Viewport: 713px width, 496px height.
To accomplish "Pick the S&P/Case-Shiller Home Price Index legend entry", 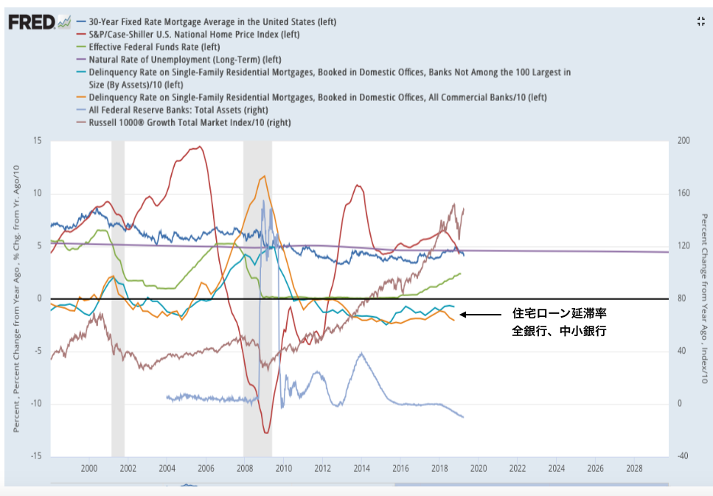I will (x=198, y=34).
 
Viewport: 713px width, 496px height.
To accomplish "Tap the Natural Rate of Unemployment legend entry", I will (x=184, y=59).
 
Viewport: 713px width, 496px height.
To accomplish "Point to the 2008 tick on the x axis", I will (x=244, y=468).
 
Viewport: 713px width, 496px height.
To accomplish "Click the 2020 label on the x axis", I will (x=478, y=468).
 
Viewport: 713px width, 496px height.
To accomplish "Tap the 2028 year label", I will (x=633, y=468).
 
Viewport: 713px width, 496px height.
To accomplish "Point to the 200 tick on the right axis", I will (x=684, y=141).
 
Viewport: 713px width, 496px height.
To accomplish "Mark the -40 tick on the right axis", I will (x=684, y=456).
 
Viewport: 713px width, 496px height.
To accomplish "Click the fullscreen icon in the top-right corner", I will (x=700, y=21).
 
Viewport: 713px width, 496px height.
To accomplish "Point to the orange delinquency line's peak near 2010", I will (x=264, y=177).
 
